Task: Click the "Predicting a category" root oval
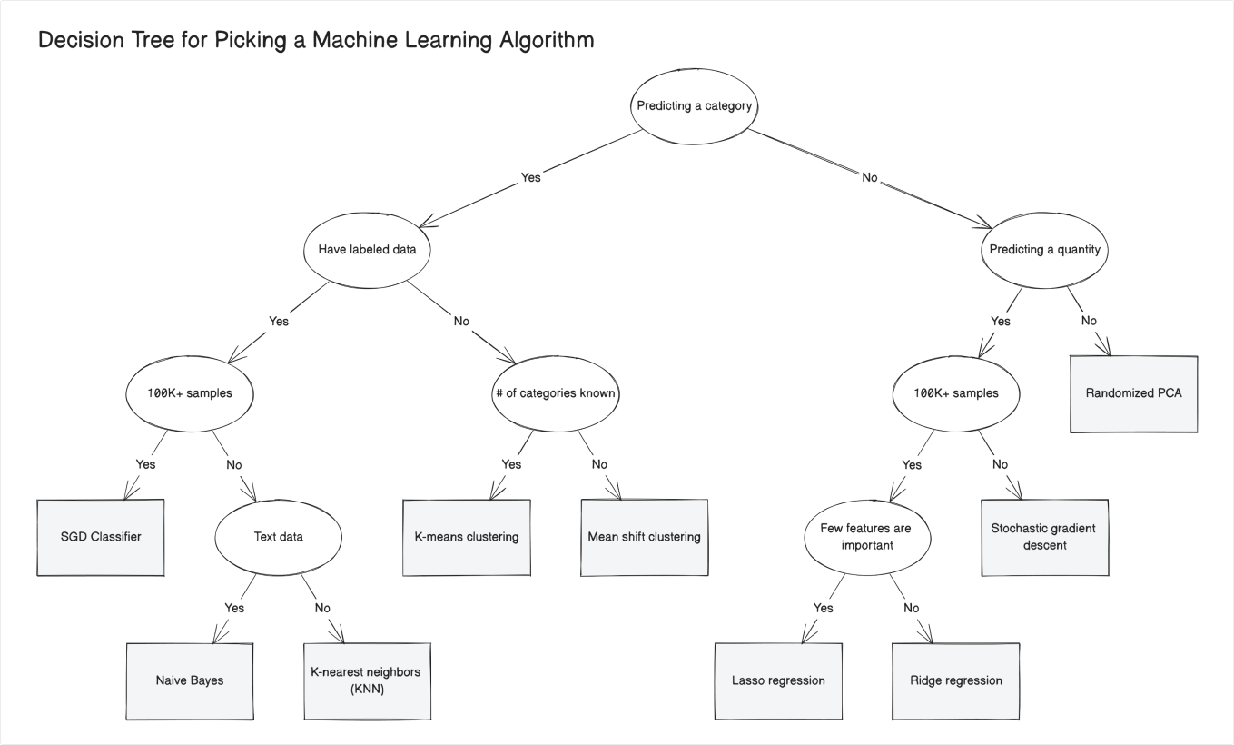click(695, 105)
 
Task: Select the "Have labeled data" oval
click(367, 249)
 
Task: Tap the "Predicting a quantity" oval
click(1044, 249)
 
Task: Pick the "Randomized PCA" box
click(1133, 393)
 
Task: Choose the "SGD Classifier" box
click(101, 537)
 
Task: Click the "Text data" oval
click(278, 537)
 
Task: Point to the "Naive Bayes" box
click(189, 680)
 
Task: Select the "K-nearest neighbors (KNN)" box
click(366, 680)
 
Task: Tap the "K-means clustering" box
click(467, 537)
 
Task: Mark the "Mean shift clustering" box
click(644, 537)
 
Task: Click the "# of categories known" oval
click(556, 393)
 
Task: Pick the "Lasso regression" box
click(778, 680)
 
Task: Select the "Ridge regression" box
click(955, 680)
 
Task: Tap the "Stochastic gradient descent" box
click(1044, 537)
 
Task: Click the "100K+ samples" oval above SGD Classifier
click(189, 393)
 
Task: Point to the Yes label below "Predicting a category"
click(530, 177)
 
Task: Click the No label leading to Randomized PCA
click(1089, 321)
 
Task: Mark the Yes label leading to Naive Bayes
click(234, 608)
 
